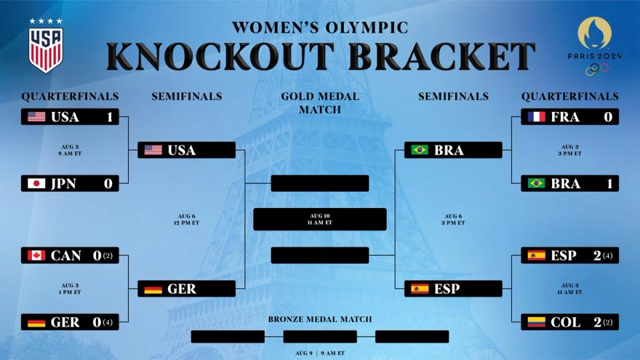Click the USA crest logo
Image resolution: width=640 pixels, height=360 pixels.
(x=46, y=47)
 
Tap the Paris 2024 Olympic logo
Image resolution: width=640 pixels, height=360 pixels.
(x=594, y=46)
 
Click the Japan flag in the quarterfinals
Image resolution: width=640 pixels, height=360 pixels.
(x=37, y=183)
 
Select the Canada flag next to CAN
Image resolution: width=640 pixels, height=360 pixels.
(x=37, y=255)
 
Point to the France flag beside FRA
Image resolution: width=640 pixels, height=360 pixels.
(x=536, y=117)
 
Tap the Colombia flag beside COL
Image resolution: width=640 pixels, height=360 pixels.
(x=536, y=322)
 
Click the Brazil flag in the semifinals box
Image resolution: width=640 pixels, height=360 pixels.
(x=420, y=150)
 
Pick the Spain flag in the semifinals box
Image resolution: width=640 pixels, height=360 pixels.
(x=420, y=289)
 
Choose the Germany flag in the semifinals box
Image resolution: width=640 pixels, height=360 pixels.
(x=153, y=289)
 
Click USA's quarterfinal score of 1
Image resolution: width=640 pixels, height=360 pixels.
(x=109, y=117)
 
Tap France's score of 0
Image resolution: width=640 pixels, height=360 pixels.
(x=608, y=117)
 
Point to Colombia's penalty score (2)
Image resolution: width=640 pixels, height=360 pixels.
(x=607, y=323)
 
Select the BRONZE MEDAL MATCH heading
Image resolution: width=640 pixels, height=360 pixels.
(x=320, y=319)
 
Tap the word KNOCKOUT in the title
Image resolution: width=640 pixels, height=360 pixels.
(x=220, y=57)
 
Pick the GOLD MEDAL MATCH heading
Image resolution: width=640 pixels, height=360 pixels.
(x=320, y=102)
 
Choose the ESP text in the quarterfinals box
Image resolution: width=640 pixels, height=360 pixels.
(x=564, y=255)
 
